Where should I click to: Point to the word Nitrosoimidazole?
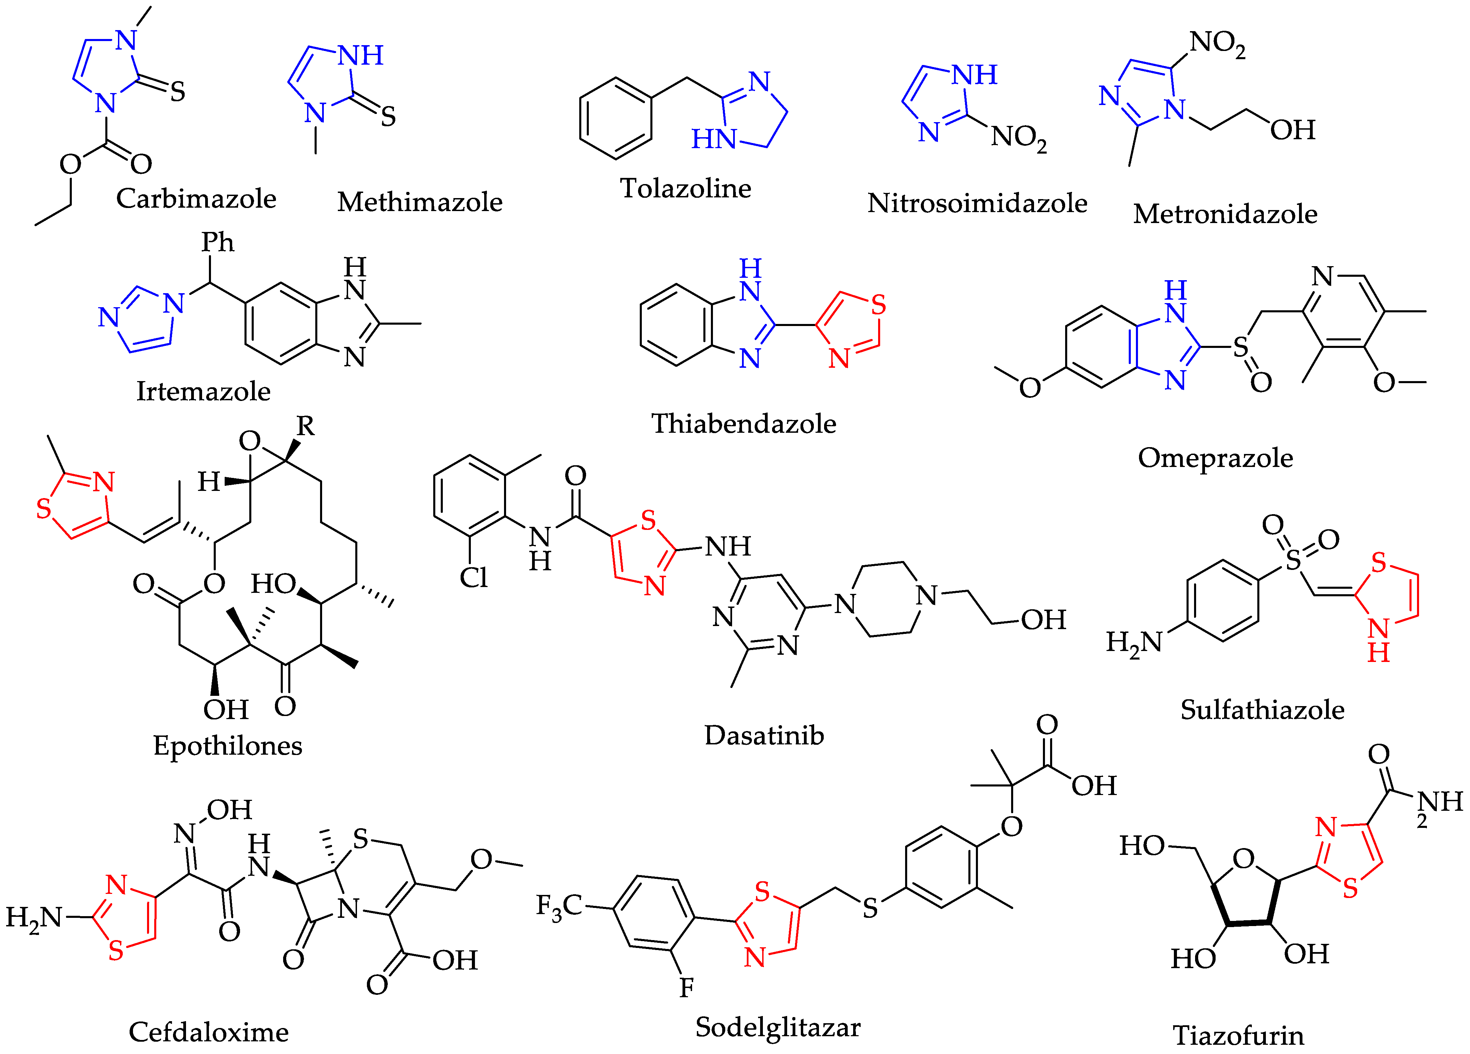click(x=977, y=203)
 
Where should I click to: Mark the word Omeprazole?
click(x=1215, y=458)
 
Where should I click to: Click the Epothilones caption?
click(x=227, y=746)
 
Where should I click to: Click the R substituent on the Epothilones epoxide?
click(x=305, y=426)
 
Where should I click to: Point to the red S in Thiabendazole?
click(x=878, y=305)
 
